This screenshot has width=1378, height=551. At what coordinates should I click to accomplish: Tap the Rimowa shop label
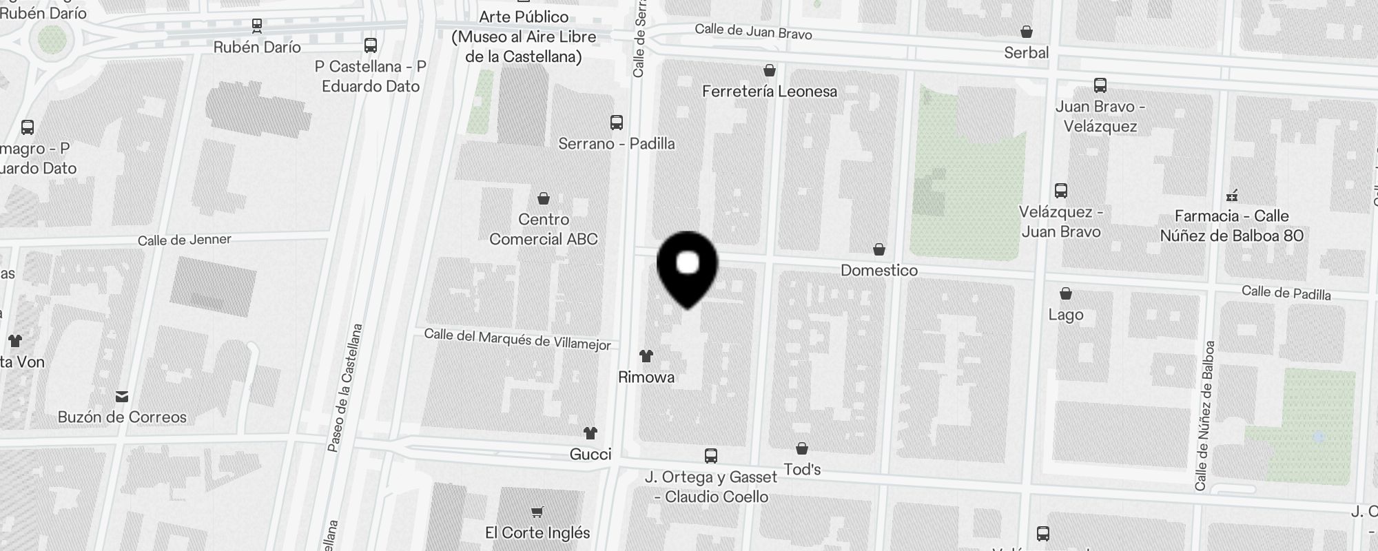[646, 377]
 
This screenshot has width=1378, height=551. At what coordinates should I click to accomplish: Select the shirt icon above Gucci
[590, 433]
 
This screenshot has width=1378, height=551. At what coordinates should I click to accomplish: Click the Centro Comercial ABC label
[544, 229]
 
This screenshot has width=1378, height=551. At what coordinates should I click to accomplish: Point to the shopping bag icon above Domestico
[879, 249]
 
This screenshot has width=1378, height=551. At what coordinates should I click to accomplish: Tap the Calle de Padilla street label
[1286, 293]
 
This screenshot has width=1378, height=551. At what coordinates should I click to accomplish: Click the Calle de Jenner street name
[184, 240]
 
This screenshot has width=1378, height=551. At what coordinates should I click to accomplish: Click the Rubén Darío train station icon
[257, 26]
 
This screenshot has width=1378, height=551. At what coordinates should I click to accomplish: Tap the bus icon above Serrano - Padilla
[617, 123]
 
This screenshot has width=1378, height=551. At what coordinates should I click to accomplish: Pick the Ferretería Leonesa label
[770, 92]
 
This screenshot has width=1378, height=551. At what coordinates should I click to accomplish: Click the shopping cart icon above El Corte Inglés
[537, 512]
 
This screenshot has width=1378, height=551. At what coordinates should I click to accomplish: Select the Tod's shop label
[802, 470]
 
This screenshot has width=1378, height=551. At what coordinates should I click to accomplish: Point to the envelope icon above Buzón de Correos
[122, 396]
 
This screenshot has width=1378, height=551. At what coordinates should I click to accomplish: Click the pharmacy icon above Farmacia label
[1232, 196]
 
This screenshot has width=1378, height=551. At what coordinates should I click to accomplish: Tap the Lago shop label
[1065, 315]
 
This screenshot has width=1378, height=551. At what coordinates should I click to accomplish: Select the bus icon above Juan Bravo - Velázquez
[1100, 85]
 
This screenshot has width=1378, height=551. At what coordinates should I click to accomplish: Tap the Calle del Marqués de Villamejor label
[517, 340]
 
